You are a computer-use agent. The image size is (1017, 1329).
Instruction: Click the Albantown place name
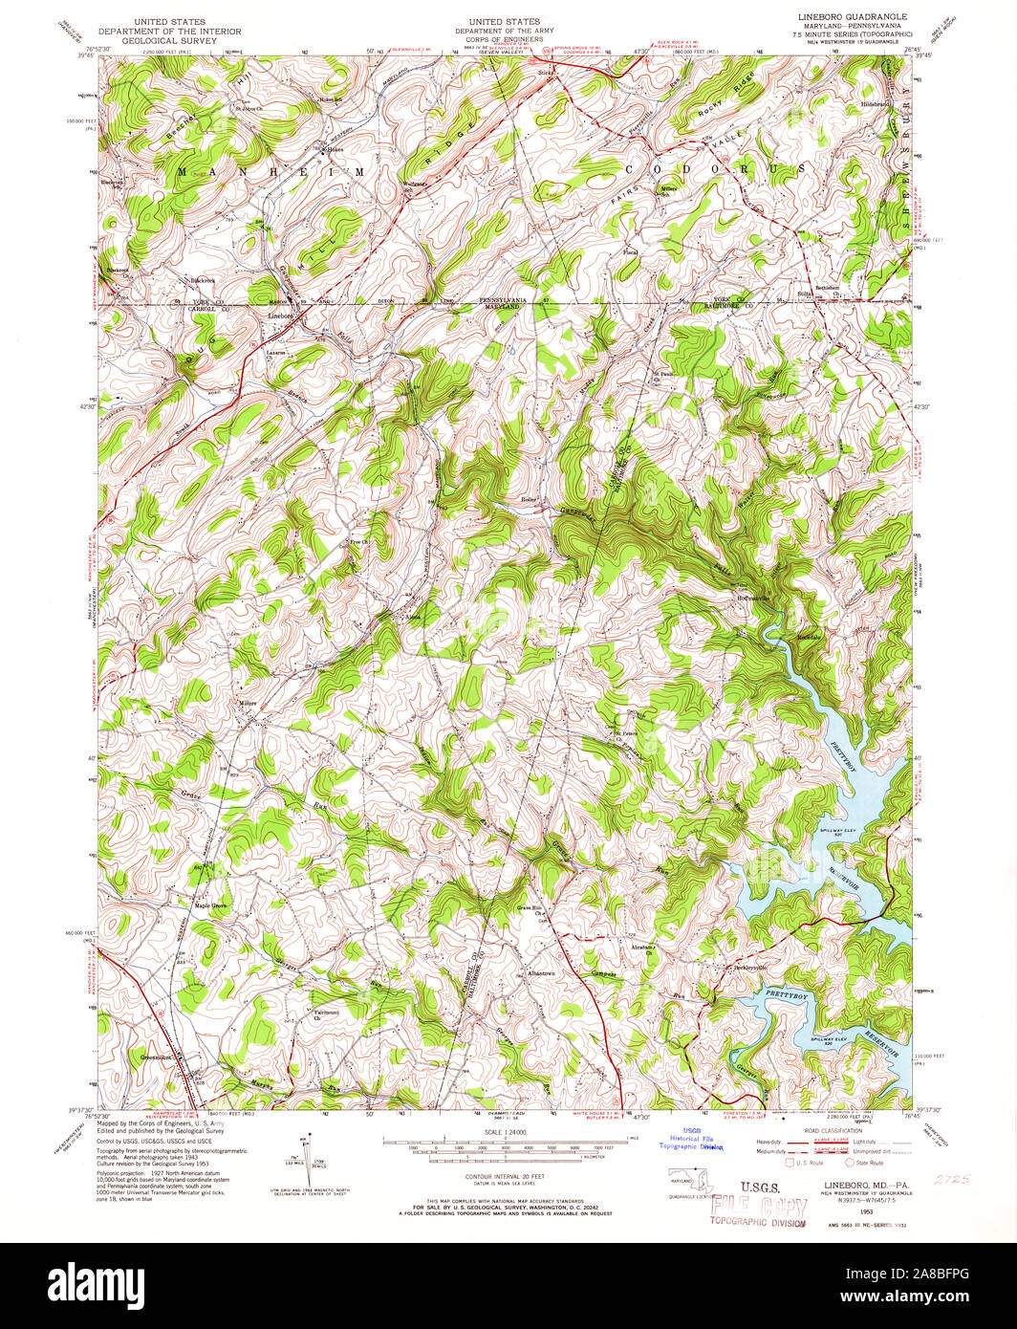(541, 973)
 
